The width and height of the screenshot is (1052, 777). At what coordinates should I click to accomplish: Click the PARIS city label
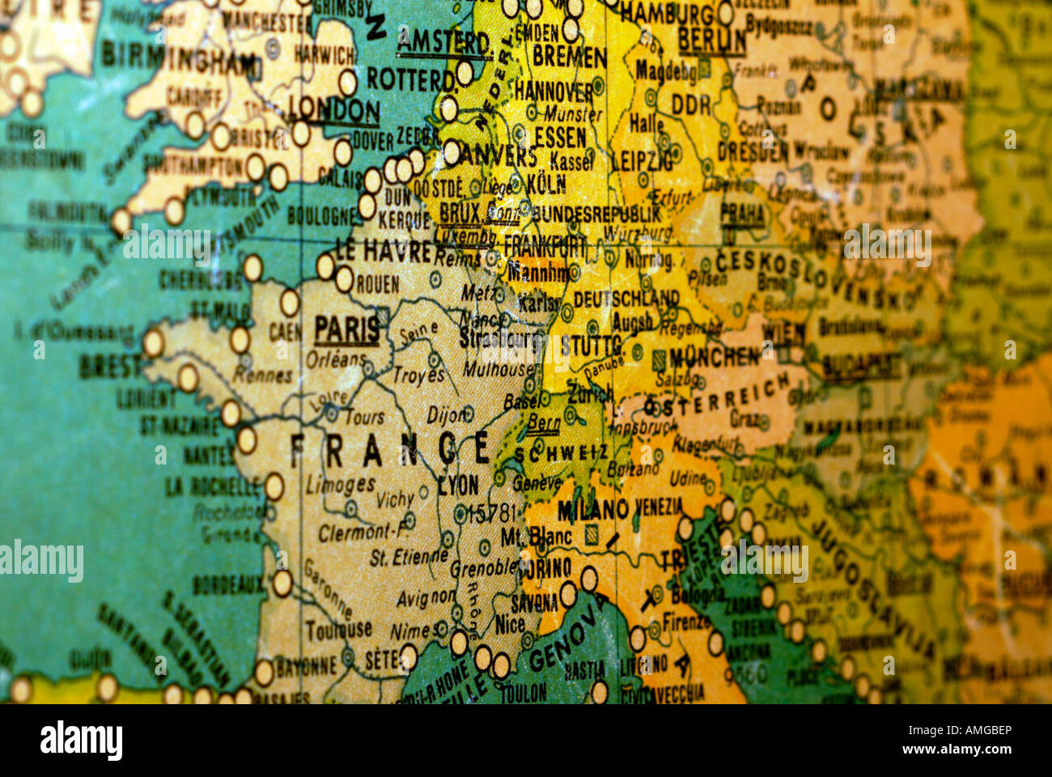click(x=347, y=329)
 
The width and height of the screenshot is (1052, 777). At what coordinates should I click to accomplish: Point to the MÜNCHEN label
click(x=715, y=355)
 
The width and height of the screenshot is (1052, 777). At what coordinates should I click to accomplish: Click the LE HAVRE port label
click(x=384, y=251)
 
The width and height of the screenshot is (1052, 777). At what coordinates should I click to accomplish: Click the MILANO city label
click(x=593, y=510)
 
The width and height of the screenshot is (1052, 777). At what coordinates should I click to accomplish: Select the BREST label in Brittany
click(x=111, y=367)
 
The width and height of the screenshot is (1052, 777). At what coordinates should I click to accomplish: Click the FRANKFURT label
click(x=544, y=245)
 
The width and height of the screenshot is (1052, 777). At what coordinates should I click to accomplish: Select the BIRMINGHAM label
click(x=179, y=59)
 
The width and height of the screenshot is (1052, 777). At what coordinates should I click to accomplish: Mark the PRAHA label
click(x=742, y=214)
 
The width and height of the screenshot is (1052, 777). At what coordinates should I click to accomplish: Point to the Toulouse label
click(x=338, y=628)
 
